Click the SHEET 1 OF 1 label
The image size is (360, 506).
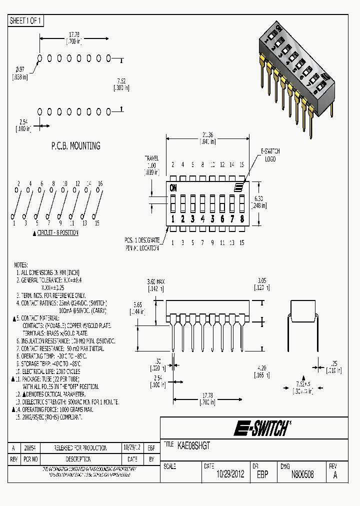26,20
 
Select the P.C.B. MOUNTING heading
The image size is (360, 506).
75,146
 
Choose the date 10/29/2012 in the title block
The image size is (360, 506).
230,474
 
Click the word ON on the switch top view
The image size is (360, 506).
173,188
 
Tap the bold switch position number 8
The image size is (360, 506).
242,218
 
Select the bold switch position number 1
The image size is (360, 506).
173,218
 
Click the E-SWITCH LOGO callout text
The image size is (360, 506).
270,155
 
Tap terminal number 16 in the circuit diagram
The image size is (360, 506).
100,184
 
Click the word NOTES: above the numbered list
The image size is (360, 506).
21,265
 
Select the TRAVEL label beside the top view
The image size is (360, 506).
151,157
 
